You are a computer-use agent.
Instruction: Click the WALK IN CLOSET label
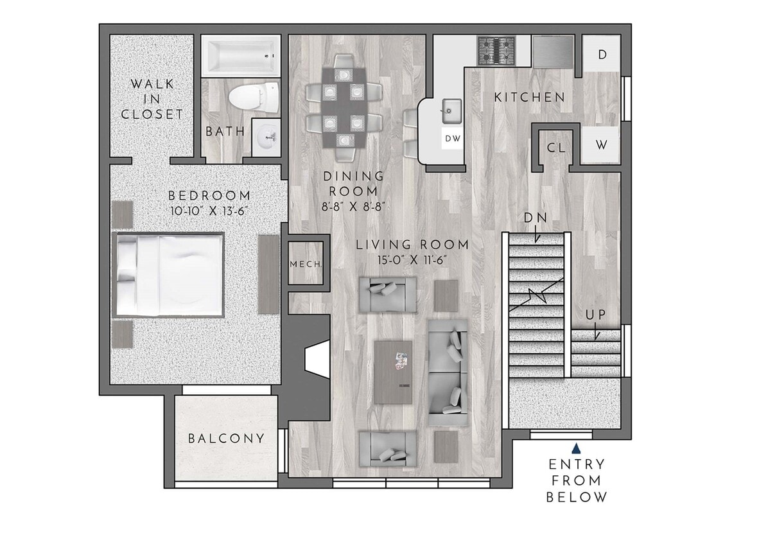click(x=152, y=99)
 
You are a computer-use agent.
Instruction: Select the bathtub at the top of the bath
click(x=241, y=57)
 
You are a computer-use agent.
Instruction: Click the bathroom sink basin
click(x=267, y=137)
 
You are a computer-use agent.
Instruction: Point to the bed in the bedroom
click(x=169, y=274)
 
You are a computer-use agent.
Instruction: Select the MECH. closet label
click(x=306, y=263)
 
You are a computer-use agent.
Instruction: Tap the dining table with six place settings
click(x=344, y=106)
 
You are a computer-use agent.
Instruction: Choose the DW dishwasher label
click(x=452, y=139)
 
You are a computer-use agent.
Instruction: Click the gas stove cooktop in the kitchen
click(x=495, y=51)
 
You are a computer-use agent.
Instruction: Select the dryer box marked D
click(x=602, y=55)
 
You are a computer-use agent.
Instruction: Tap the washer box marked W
click(x=602, y=144)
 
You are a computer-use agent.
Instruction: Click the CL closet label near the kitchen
click(x=555, y=148)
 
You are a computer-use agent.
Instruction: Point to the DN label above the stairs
click(x=535, y=218)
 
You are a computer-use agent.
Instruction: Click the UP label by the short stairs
click(x=595, y=315)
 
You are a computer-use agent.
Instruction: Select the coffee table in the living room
click(x=393, y=372)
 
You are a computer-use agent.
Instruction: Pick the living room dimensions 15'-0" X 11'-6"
click(x=412, y=259)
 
